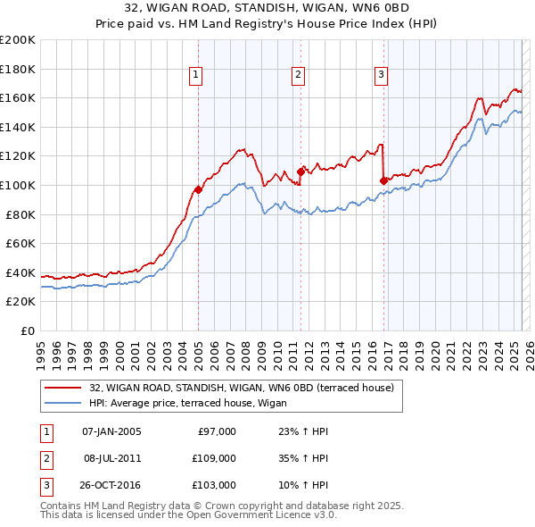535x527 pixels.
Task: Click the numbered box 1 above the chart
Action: pos(195,76)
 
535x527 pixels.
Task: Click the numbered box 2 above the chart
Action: pos(298,76)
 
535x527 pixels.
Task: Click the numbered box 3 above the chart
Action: pos(381,76)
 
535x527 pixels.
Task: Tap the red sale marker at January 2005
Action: pos(199,189)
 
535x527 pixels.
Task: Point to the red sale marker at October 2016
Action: pos(384,180)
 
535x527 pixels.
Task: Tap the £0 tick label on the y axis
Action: pos(27,330)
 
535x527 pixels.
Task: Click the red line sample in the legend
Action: pos(62,388)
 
